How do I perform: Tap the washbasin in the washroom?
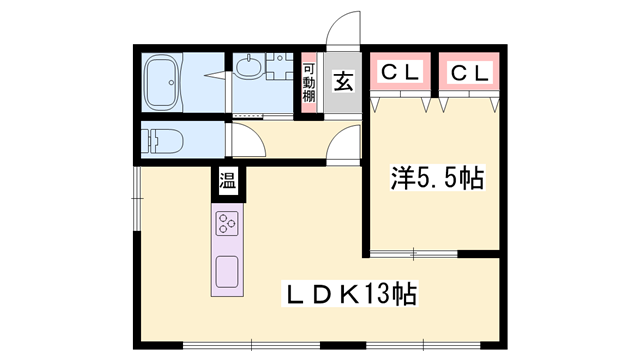[x=251, y=70]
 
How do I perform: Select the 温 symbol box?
[x=228, y=182]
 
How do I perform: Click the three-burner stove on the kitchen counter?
[x=227, y=223]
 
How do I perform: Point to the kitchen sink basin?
[x=227, y=270]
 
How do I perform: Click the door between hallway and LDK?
[x=344, y=152]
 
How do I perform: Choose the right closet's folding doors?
[x=469, y=100]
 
